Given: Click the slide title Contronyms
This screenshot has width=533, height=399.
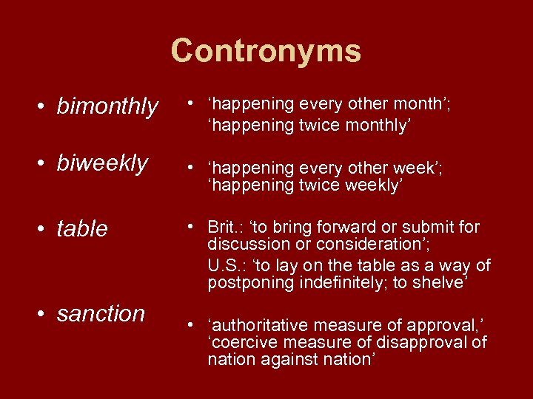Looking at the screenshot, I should tap(266, 51).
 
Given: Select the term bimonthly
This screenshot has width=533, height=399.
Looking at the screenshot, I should tap(107, 107).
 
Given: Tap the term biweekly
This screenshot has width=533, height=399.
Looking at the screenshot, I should tap(102, 163).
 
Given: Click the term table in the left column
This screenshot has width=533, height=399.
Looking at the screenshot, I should tap(82, 229).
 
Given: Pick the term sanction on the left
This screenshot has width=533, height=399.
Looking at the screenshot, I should tap(101, 313).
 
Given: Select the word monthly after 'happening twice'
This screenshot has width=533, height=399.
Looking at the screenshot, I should tap(371, 126).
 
